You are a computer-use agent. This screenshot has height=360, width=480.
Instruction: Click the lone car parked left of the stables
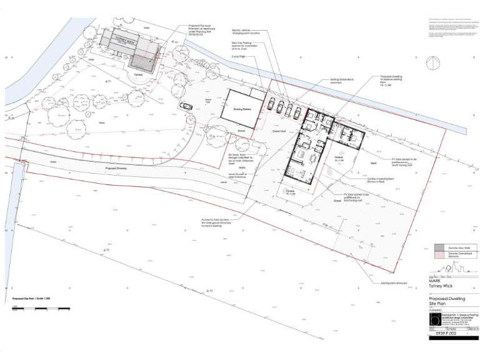click(x=186, y=106)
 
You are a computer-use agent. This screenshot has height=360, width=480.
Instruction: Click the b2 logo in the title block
click(x=436, y=319)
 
